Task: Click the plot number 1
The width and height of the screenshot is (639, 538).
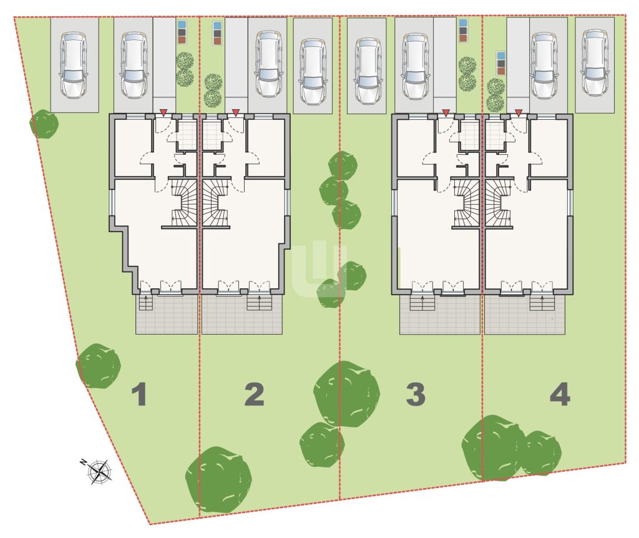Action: coord(139,394)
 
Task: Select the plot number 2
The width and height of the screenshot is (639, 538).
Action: coord(255,394)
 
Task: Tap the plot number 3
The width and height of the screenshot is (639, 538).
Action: coord(416,394)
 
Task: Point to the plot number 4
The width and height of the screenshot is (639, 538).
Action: coord(560,394)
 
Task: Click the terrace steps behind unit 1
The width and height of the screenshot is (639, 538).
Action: coord(146,302)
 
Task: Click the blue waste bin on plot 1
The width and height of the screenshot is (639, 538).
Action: coord(182,24)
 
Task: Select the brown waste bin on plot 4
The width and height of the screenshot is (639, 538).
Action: coord(501,71)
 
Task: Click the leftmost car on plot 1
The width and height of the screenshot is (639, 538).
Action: coord(74,64)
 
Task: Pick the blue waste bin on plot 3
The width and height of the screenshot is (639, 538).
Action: coord(462,23)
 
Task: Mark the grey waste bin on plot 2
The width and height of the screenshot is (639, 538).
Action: coord(218,33)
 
